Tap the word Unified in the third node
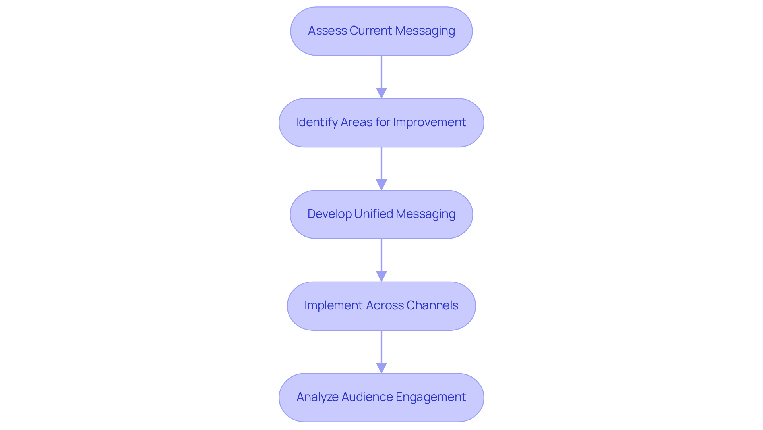coord(374,214)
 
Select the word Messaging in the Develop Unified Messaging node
coord(426,214)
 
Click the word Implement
coord(333,305)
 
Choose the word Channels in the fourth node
coord(432,305)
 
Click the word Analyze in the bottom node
coord(317,397)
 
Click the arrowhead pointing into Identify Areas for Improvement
coord(381,93)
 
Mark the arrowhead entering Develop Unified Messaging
coord(381,185)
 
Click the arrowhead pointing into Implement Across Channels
coord(381,276)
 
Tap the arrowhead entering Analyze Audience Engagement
coord(381,368)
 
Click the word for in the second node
coord(383,122)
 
